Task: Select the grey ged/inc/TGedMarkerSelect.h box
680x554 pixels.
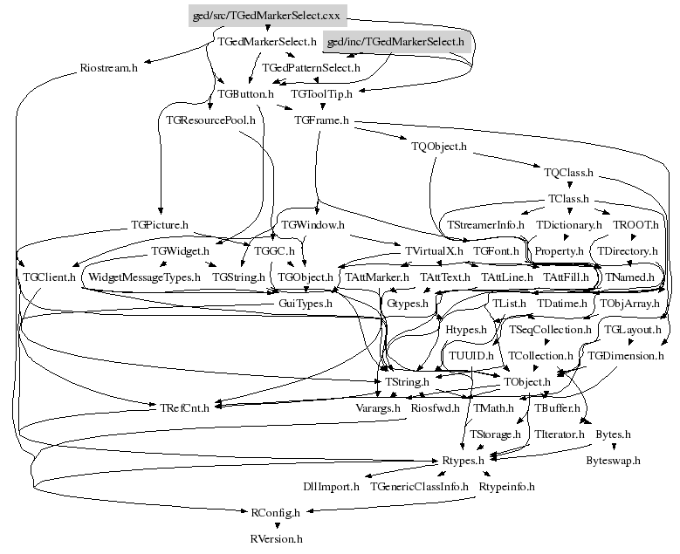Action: pyautogui.click(x=396, y=41)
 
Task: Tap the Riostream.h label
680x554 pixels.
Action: pyautogui.click(x=109, y=67)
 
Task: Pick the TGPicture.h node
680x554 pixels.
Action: pyautogui.click(x=159, y=225)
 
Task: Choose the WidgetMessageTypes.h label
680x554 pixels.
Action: pyautogui.click(x=145, y=277)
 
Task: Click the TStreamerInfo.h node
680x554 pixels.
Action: pyautogui.click(x=485, y=225)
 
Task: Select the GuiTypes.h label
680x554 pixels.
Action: pyautogui.click(x=305, y=303)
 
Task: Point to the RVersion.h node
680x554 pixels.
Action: pyautogui.click(x=276, y=538)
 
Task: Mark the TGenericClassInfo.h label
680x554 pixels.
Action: pyautogui.click(x=420, y=486)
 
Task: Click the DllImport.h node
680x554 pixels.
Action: pyautogui.click(x=331, y=486)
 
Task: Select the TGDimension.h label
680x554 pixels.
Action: pyautogui.click(x=626, y=355)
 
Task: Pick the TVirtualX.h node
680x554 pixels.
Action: pyautogui.click(x=433, y=250)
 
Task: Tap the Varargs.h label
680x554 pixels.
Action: pyautogui.click(x=377, y=407)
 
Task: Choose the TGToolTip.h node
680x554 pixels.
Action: pyautogui.click(x=321, y=93)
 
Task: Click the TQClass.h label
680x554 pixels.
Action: pyautogui.click(x=568, y=173)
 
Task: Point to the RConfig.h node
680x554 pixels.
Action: pyautogui.click(x=275, y=512)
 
